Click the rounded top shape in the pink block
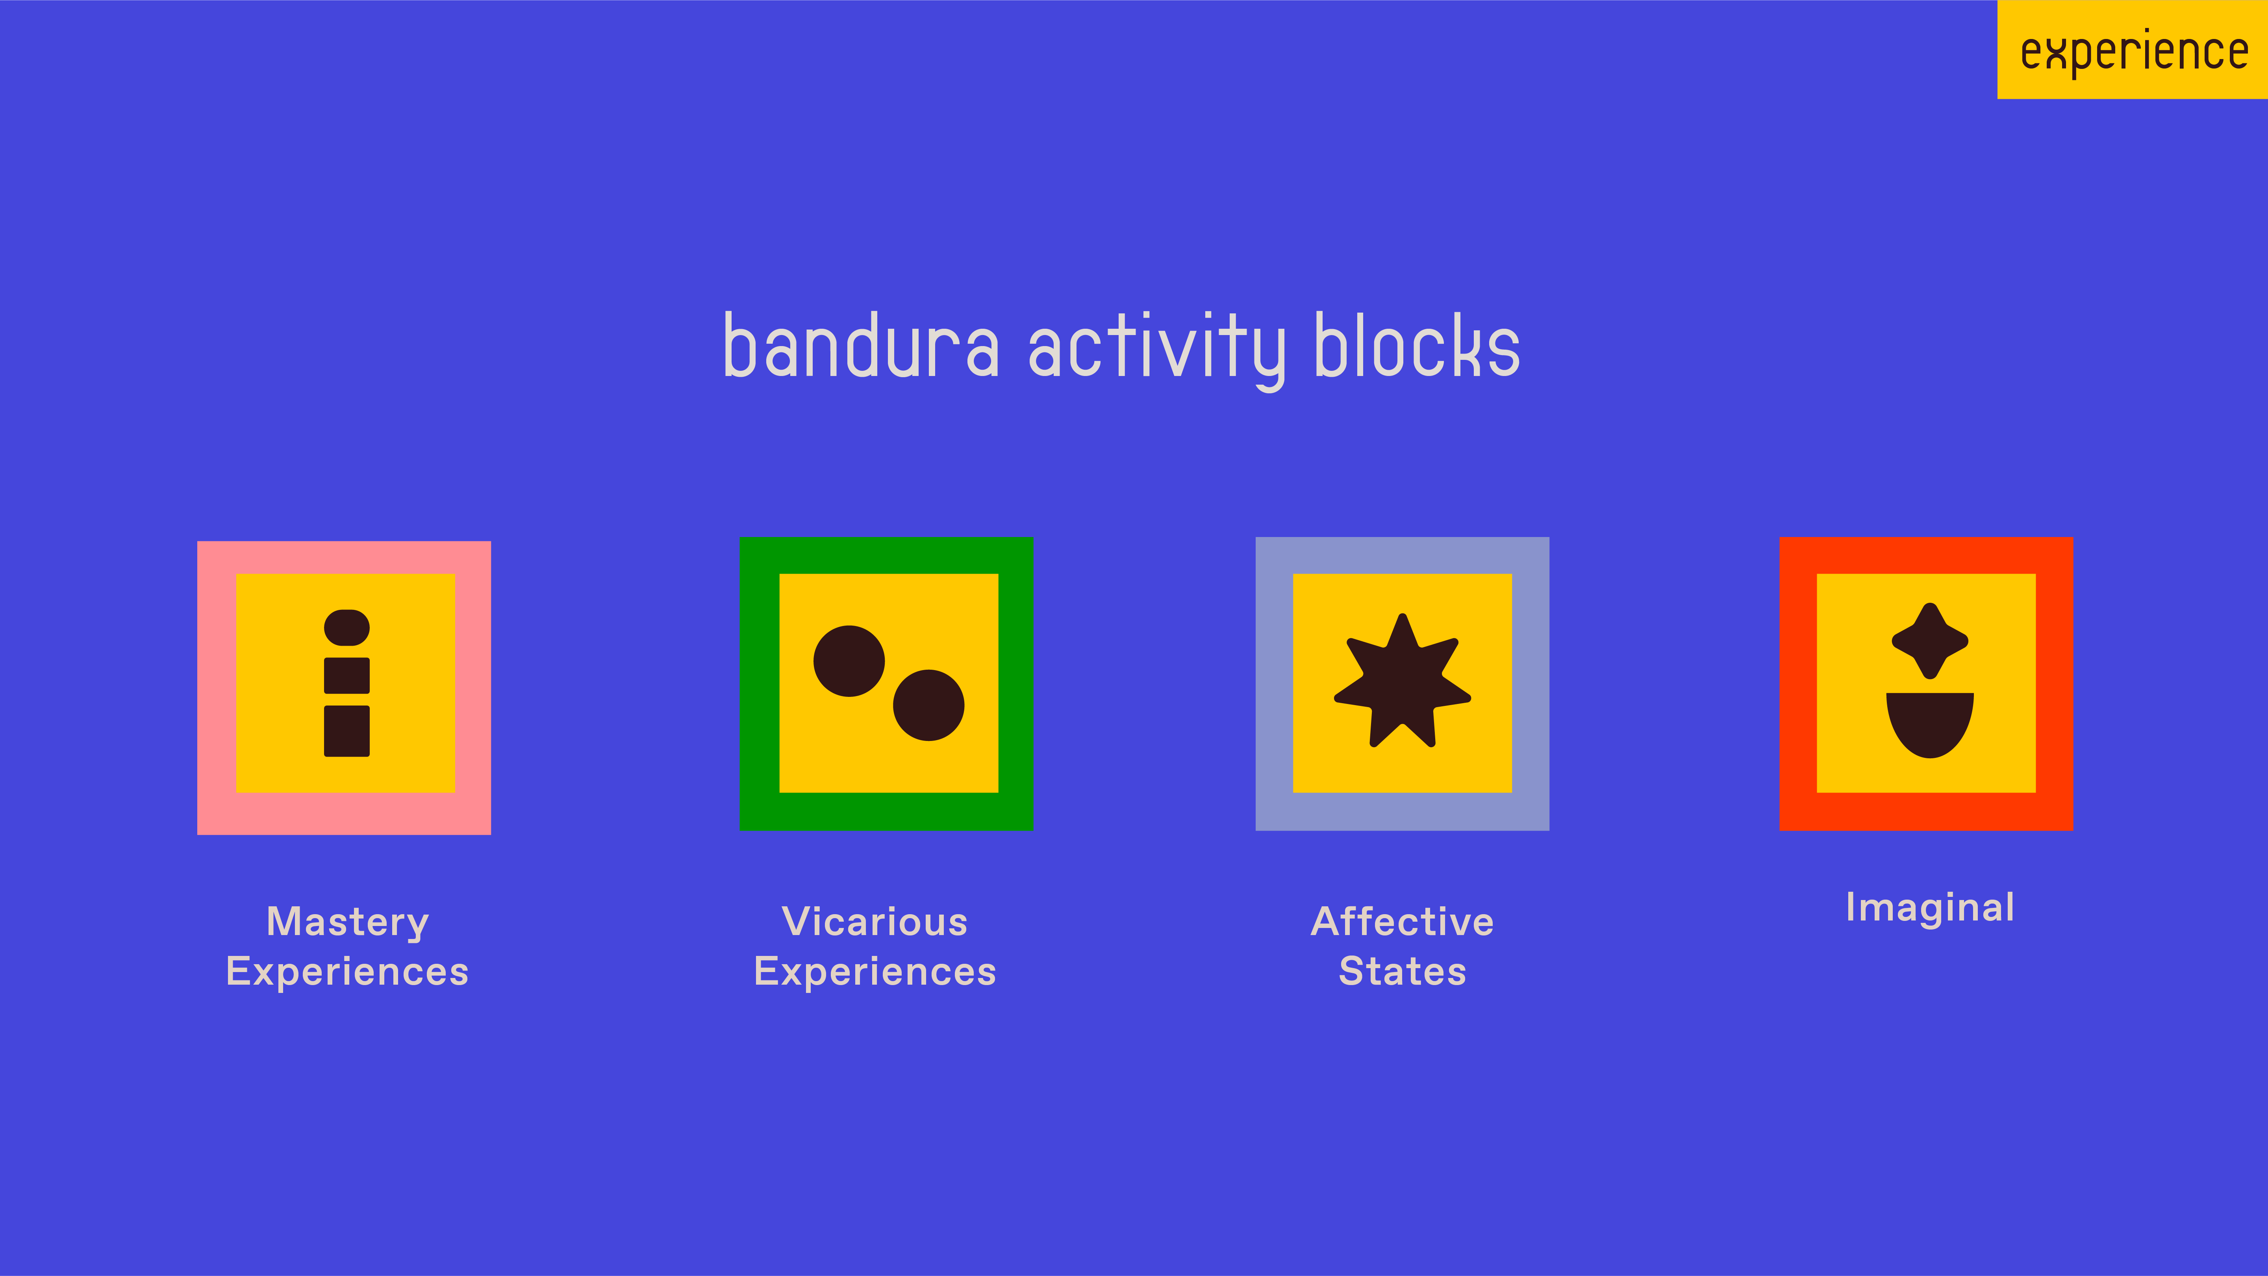coord(347,627)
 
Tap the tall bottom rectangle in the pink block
coord(347,731)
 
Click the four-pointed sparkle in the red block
coord(1930,641)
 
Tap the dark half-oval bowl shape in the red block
coord(1930,724)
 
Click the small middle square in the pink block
coord(347,676)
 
